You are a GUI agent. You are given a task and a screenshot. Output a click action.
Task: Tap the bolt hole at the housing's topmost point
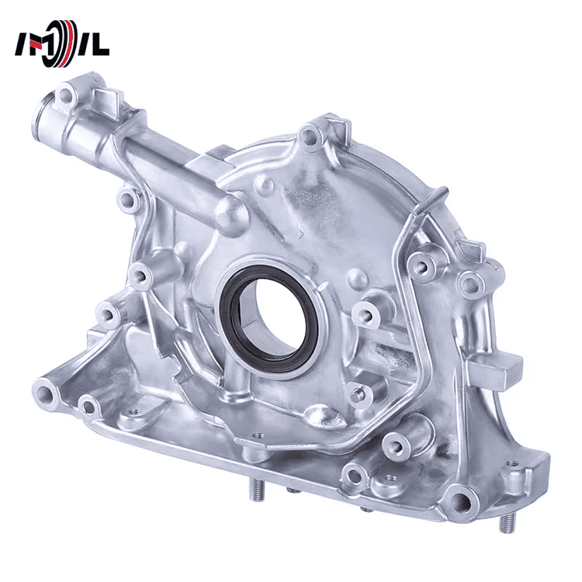(x=312, y=139)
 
